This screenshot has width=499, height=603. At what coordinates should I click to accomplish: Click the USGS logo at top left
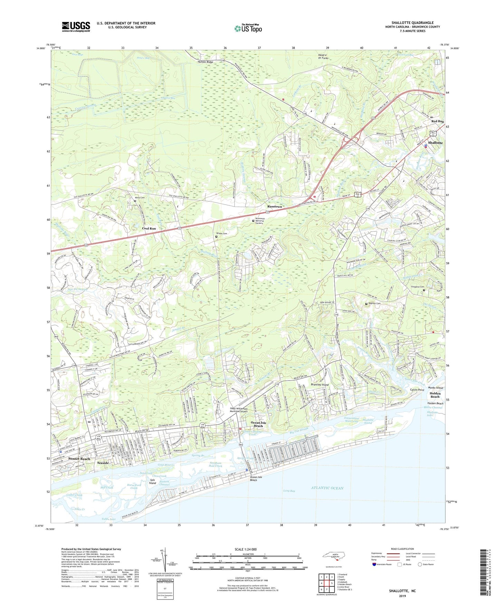(76, 27)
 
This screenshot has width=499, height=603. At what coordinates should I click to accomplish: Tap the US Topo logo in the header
(248, 28)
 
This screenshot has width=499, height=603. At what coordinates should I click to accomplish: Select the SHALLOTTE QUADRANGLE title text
(412, 23)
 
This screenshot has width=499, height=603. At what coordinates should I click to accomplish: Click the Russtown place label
(275, 207)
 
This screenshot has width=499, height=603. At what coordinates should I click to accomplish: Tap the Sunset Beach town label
(79, 459)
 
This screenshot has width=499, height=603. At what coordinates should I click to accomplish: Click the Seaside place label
(103, 463)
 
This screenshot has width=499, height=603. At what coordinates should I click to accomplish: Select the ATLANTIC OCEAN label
(327, 488)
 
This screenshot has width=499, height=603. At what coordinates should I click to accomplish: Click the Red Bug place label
(438, 121)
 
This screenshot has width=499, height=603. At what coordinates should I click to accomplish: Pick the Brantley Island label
(320, 384)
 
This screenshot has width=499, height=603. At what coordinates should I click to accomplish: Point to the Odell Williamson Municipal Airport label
(244, 410)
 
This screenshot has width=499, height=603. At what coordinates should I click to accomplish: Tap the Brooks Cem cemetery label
(222, 233)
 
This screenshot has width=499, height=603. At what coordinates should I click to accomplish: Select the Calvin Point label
(417, 390)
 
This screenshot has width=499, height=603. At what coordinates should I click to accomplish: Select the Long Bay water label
(289, 490)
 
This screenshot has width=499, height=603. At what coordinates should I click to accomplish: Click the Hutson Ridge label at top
(206, 62)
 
